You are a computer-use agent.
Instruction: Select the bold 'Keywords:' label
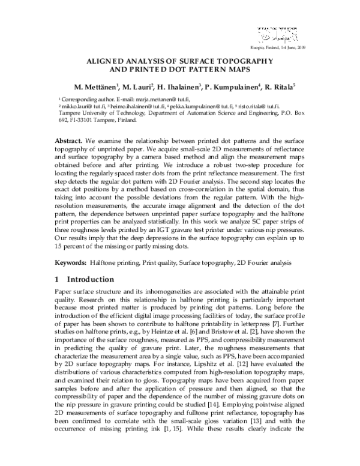70,263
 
